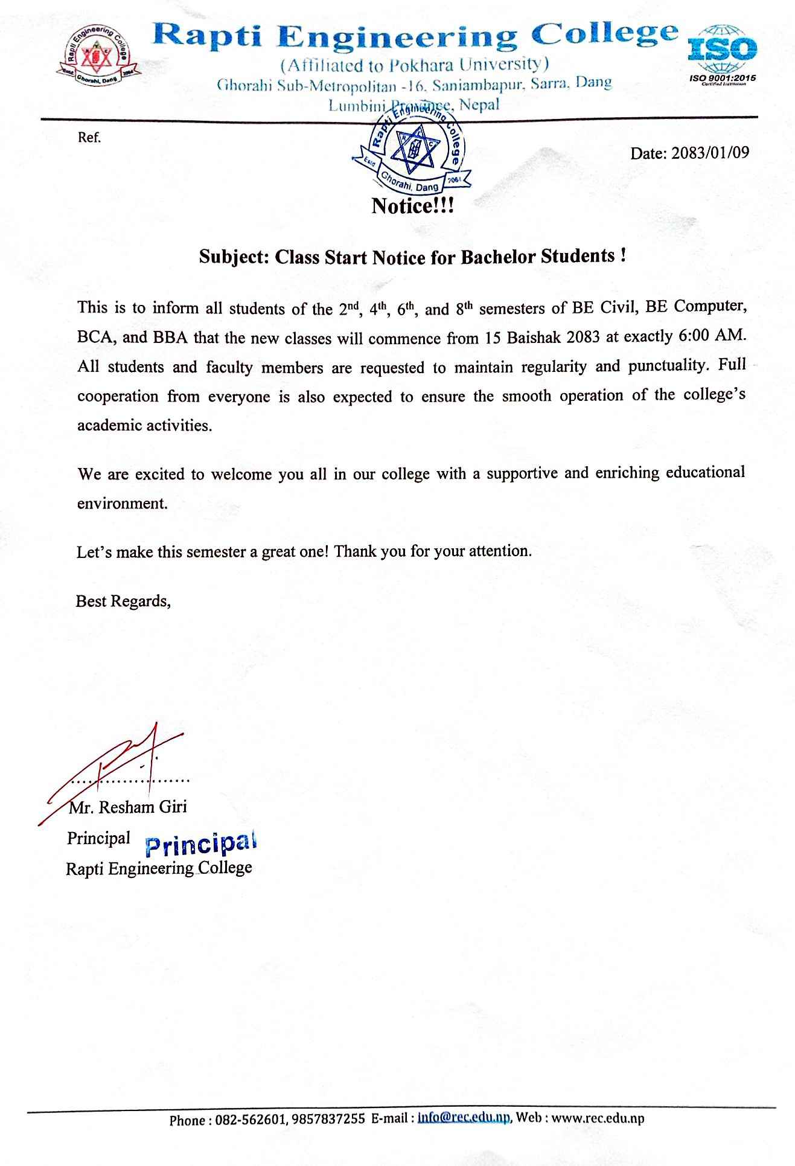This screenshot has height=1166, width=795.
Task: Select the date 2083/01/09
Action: point(709,152)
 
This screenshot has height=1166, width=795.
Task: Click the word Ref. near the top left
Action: point(89,138)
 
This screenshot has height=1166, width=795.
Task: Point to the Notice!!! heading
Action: point(412,207)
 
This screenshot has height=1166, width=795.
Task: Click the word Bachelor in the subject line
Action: point(499,257)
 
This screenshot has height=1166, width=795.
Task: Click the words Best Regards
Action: point(123,601)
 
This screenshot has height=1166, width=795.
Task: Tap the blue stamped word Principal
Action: point(202,844)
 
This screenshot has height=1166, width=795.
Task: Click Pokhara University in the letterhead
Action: point(464,65)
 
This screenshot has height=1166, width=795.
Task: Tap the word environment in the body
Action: point(123,503)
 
